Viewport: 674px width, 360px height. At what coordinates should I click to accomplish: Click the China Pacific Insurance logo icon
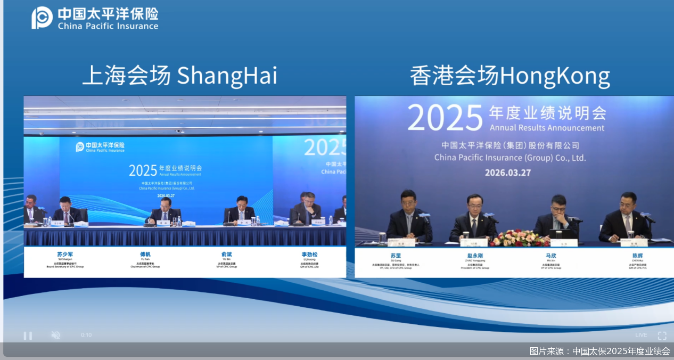pyautogui.click(x=42, y=18)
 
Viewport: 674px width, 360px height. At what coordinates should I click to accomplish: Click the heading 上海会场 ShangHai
pyautogui.click(x=179, y=76)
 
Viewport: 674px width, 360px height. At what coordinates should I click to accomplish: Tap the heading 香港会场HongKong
pyautogui.click(x=509, y=76)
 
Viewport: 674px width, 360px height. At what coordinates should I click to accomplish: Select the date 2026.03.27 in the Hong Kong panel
pyautogui.click(x=507, y=173)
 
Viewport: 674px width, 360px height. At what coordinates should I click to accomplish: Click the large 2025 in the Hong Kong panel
pyautogui.click(x=445, y=118)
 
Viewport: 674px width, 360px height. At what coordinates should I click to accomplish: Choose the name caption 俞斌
pyautogui.click(x=227, y=255)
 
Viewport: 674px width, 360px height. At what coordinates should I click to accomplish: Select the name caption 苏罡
pyautogui.click(x=395, y=256)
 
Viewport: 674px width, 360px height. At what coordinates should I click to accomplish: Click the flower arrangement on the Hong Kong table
pyautogui.click(x=513, y=238)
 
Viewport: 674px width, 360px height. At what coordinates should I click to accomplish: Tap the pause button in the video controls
pyautogui.click(x=28, y=336)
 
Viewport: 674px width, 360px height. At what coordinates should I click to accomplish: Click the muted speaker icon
pyautogui.click(x=55, y=335)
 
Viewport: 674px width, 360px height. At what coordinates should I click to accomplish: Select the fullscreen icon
pyautogui.click(x=662, y=336)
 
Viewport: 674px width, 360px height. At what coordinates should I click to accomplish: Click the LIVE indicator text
pyautogui.click(x=641, y=335)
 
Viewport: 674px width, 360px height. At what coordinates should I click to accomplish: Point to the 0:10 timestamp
pyautogui.click(x=86, y=335)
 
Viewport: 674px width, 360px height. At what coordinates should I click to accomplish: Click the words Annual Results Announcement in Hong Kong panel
pyautogui.click(x=547, y=128)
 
